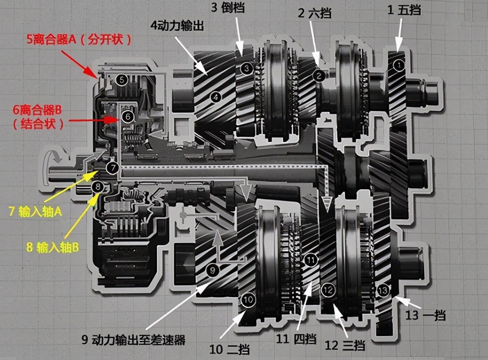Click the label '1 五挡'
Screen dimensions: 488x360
tap(404, 10)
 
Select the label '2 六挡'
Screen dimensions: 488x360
tap(314, 13)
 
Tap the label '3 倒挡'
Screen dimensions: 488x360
tap(227, 7)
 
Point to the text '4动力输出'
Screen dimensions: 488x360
tap(177, 25)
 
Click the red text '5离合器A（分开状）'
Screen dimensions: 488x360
tap(79, 40)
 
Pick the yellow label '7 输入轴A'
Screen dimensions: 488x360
tap(36, 212)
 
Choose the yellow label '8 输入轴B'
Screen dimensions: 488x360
tap(53, 247)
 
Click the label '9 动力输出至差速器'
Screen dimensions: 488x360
tap(134, 339)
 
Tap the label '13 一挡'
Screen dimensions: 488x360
tap(426, 315)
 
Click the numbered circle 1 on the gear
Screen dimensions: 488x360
tap(399, 65)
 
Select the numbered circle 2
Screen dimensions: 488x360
tap(319, 76)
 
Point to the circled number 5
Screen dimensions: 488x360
tap(122, 80)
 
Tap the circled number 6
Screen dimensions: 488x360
tap(128, 117)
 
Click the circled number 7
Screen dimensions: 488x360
tap(112, 168)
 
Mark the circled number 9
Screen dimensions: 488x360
tap(213, 270)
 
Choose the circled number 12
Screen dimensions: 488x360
tap(328, 290)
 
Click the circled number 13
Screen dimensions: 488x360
tap(383, 291)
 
